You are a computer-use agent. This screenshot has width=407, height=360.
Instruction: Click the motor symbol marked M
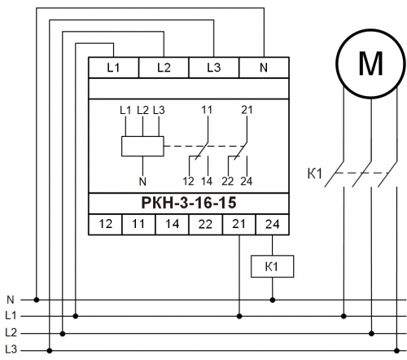click(x=371, y=64)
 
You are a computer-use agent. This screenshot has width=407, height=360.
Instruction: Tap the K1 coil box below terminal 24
click(x=272, y=266)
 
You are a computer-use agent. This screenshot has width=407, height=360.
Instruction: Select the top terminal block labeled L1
click(x=114, y=68)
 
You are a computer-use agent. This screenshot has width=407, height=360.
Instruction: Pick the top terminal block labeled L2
click(x=164, y=68)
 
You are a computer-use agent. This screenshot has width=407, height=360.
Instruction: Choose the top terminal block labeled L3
click(x=214, y=68)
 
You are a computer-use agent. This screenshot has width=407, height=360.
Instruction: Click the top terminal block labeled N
click(x=264, y=68)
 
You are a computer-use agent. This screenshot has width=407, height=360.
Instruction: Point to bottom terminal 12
click(x=105, y=224)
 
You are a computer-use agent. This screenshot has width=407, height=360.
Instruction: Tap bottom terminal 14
click(x=172, y=224)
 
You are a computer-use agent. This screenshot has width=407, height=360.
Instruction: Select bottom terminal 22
click(x=205, y=224)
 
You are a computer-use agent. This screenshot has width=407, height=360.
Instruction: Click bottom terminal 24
click(x=273, y=224)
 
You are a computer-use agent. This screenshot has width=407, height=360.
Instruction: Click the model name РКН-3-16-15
click(x=189, y=203)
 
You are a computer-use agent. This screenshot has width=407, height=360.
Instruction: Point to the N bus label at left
click(x=11, y=300)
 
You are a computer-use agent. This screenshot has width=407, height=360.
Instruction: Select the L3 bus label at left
click(x=11, y=349)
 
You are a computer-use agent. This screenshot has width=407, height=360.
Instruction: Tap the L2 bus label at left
click(x=11, y=332)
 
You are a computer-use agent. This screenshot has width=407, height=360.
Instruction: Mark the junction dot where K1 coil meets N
click(x=273, y=300)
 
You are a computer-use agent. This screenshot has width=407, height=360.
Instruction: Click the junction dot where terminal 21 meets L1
click(x=239, y=316)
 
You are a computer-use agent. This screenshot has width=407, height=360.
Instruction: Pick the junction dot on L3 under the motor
click(x=396, y=351)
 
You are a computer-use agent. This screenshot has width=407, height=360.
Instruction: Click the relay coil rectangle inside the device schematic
click(x=142, y=146)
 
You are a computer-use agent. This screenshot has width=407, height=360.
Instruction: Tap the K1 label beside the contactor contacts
click(x=314, y=173)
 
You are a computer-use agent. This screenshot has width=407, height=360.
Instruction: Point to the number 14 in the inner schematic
click(x=207, y=182)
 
